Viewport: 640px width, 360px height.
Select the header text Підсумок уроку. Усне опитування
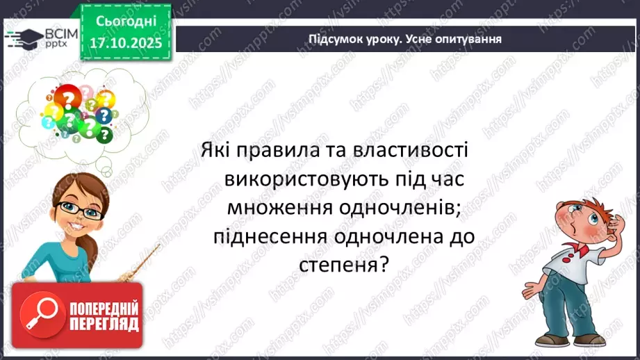[x=405, y=39]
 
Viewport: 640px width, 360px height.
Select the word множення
[x=280, y=208]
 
